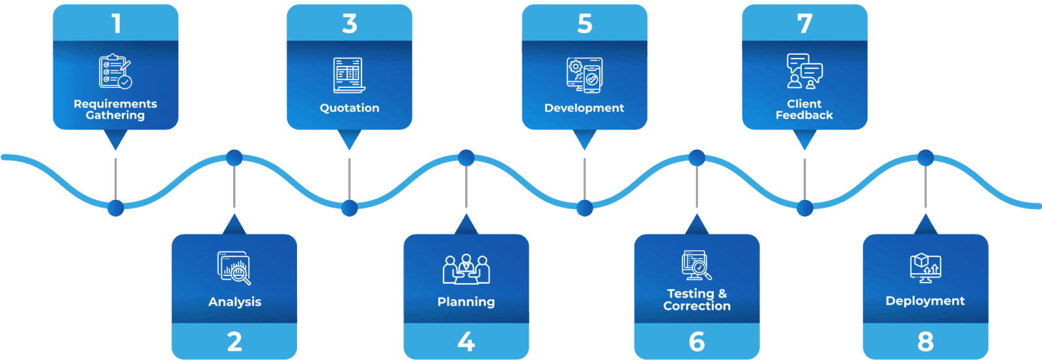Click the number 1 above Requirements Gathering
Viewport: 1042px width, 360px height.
116,24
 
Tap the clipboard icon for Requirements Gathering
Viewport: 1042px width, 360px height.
115,71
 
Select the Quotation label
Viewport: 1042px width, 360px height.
349,108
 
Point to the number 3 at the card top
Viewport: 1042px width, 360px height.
350,24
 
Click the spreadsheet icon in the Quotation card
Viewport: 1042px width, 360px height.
349,75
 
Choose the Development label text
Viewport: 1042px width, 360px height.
584,108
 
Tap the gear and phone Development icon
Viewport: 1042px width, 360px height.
584,74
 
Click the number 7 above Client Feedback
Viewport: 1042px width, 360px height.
805,24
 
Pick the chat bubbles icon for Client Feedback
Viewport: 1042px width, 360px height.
805,71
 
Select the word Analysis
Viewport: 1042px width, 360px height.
234,302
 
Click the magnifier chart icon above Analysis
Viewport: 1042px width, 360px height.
234,268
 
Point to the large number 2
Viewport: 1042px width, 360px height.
234,342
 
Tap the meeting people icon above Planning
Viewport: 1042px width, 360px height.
466,269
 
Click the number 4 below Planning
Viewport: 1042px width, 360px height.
466,342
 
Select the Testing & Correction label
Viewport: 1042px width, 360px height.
697,300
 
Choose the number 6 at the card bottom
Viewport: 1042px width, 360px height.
697,342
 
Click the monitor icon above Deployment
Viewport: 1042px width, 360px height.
925,268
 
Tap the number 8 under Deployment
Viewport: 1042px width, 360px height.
925,342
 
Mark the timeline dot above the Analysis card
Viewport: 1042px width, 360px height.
234,158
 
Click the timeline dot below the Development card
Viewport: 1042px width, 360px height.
585,208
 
